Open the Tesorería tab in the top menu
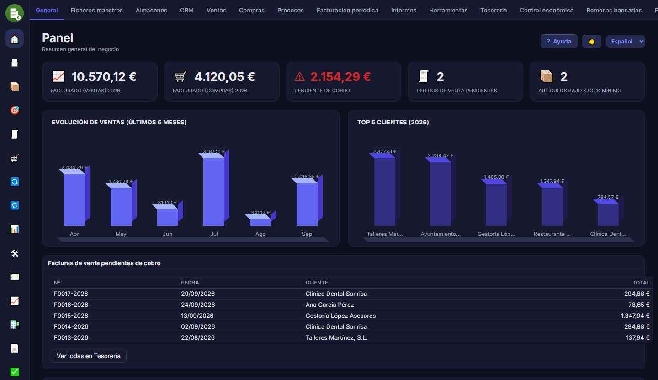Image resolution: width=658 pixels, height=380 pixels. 493,10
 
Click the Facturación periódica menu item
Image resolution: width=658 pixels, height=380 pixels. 347,10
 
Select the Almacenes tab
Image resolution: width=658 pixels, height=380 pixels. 151,10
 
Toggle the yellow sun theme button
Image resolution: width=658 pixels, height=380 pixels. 592,42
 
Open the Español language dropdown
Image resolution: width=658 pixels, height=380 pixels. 626,42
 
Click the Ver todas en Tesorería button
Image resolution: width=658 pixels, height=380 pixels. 89,356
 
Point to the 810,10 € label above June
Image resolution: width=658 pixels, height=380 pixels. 167,203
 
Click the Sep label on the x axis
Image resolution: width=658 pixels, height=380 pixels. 307,234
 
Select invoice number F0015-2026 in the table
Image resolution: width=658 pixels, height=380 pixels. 71,316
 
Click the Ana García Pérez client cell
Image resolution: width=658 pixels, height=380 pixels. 329,305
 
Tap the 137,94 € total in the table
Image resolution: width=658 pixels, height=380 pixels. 638,337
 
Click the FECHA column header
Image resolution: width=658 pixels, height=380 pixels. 190,283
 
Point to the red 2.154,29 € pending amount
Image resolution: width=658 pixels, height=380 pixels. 340,77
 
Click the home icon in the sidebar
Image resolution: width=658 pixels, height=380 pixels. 15,39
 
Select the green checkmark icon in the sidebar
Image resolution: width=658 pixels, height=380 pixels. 15,372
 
